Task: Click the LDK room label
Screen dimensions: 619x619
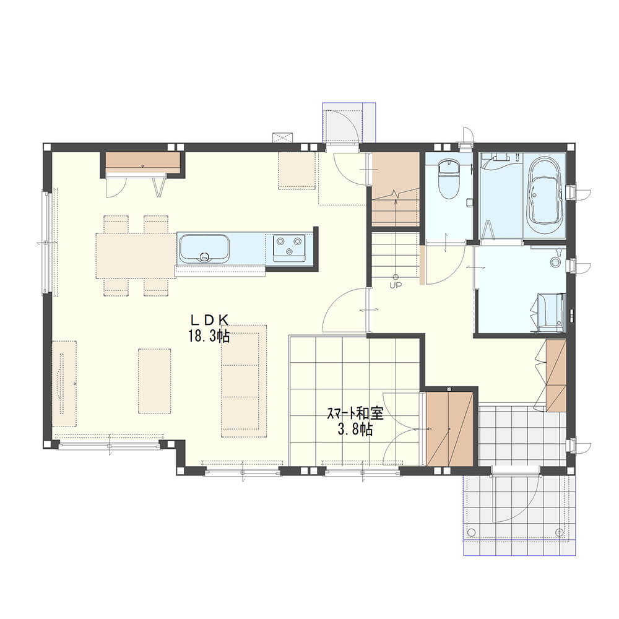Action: [209, 319]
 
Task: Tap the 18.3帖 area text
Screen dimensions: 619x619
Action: [209, 336]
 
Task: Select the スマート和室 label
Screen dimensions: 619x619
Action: [355, 413]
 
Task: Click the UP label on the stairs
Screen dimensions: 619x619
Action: [395, 285]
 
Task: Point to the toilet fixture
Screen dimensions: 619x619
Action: [449, 179]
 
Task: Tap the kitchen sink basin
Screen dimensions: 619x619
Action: [204, 249]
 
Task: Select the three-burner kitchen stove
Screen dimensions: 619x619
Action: [289, 248]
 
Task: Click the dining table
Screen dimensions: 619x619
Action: [136, 256]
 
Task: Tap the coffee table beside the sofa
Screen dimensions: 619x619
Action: [155, 381]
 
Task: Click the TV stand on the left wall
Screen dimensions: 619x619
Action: [64, 383]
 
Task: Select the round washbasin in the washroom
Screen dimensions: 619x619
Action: [556, 261]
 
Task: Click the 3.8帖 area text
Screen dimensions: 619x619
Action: [355, 430]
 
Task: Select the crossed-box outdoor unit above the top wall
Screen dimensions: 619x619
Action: [283, 138]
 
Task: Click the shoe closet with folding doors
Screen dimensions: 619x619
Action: [556, 376]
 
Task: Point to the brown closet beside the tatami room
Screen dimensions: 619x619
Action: [449, 429]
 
